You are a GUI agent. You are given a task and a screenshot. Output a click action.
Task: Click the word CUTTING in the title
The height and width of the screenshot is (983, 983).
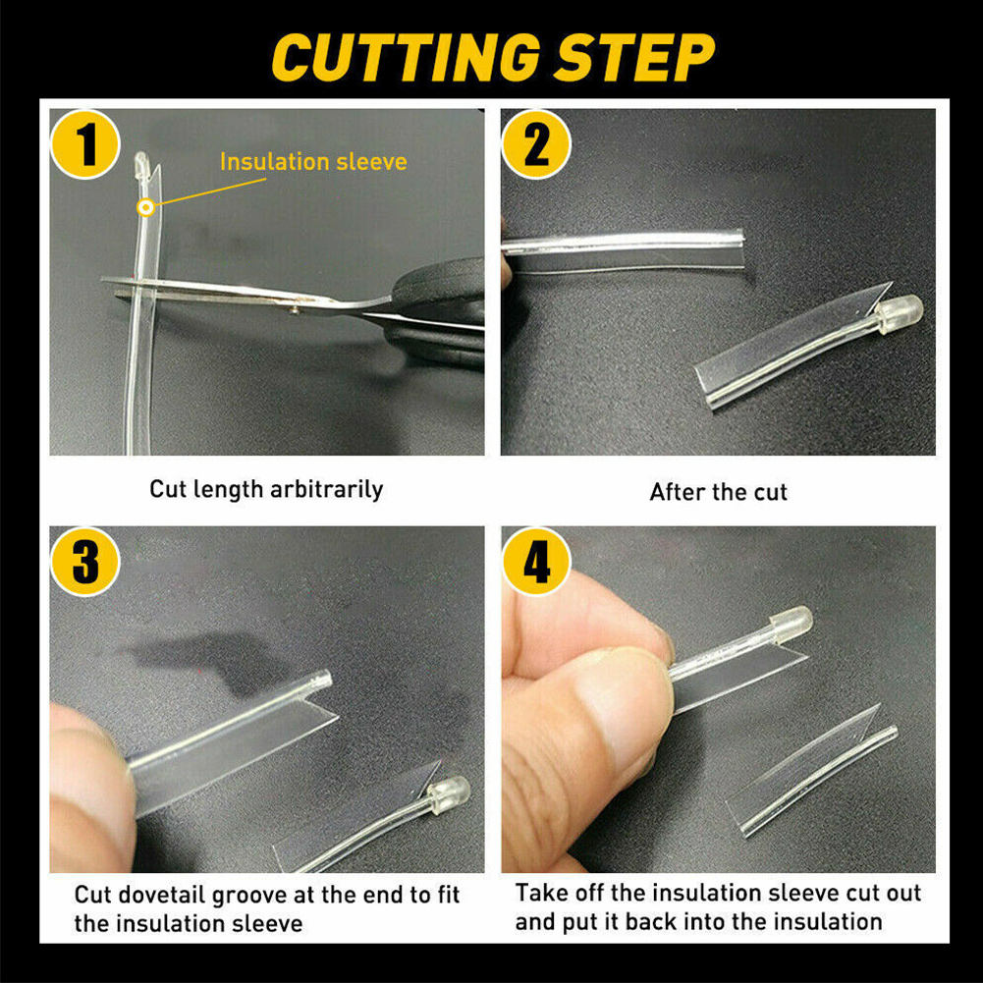coord(406,57)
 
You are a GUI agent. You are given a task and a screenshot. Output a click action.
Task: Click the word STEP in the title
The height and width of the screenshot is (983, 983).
coord(633,57)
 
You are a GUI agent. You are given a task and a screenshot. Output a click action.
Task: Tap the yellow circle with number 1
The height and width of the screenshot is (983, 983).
coord(85,144)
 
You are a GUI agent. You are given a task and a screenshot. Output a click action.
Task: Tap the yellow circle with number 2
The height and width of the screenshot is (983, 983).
coord(536,144)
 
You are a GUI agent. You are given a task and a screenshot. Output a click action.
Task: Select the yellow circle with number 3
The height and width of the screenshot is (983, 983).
coord(85,561)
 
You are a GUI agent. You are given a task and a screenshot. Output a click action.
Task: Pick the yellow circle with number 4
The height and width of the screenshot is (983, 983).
coord(536,561)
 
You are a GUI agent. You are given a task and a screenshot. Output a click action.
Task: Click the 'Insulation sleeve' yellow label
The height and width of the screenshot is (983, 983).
coord(313,162)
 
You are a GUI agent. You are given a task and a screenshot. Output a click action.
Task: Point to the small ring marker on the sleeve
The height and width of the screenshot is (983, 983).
coord(146,207)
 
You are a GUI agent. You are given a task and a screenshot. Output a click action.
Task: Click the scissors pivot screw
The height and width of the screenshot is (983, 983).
coord(294,308)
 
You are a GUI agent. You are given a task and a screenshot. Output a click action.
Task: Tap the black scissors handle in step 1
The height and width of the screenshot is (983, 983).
coord(439,313)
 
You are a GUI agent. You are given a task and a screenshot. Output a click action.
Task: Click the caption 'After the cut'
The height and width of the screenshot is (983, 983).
coord(719,492)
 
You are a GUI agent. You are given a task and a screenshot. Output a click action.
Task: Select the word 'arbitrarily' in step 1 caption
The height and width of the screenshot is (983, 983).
coord(327,490)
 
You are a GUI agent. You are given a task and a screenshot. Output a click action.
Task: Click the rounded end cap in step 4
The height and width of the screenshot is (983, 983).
coord(792,625)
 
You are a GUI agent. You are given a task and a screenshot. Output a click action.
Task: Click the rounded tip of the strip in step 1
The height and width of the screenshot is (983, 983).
coord(142,160)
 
